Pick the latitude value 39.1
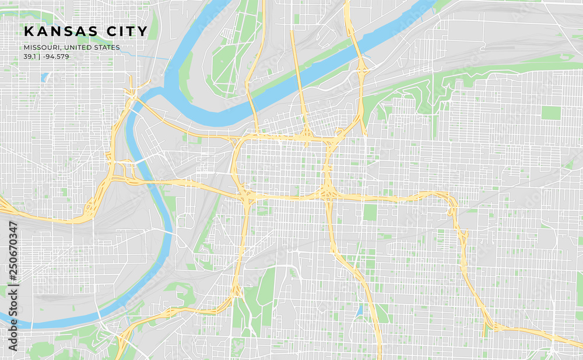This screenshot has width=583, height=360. point(29,57)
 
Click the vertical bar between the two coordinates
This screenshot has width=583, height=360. point(38,57)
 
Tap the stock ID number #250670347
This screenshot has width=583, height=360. point(13,250)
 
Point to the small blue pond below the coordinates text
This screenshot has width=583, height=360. point(45,76)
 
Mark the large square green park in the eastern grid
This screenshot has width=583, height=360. point(550,112)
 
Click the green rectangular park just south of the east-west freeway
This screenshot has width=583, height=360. point(370,212)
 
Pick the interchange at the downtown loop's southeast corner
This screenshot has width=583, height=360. point(326,191)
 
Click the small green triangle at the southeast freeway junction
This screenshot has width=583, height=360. point(486,330)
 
